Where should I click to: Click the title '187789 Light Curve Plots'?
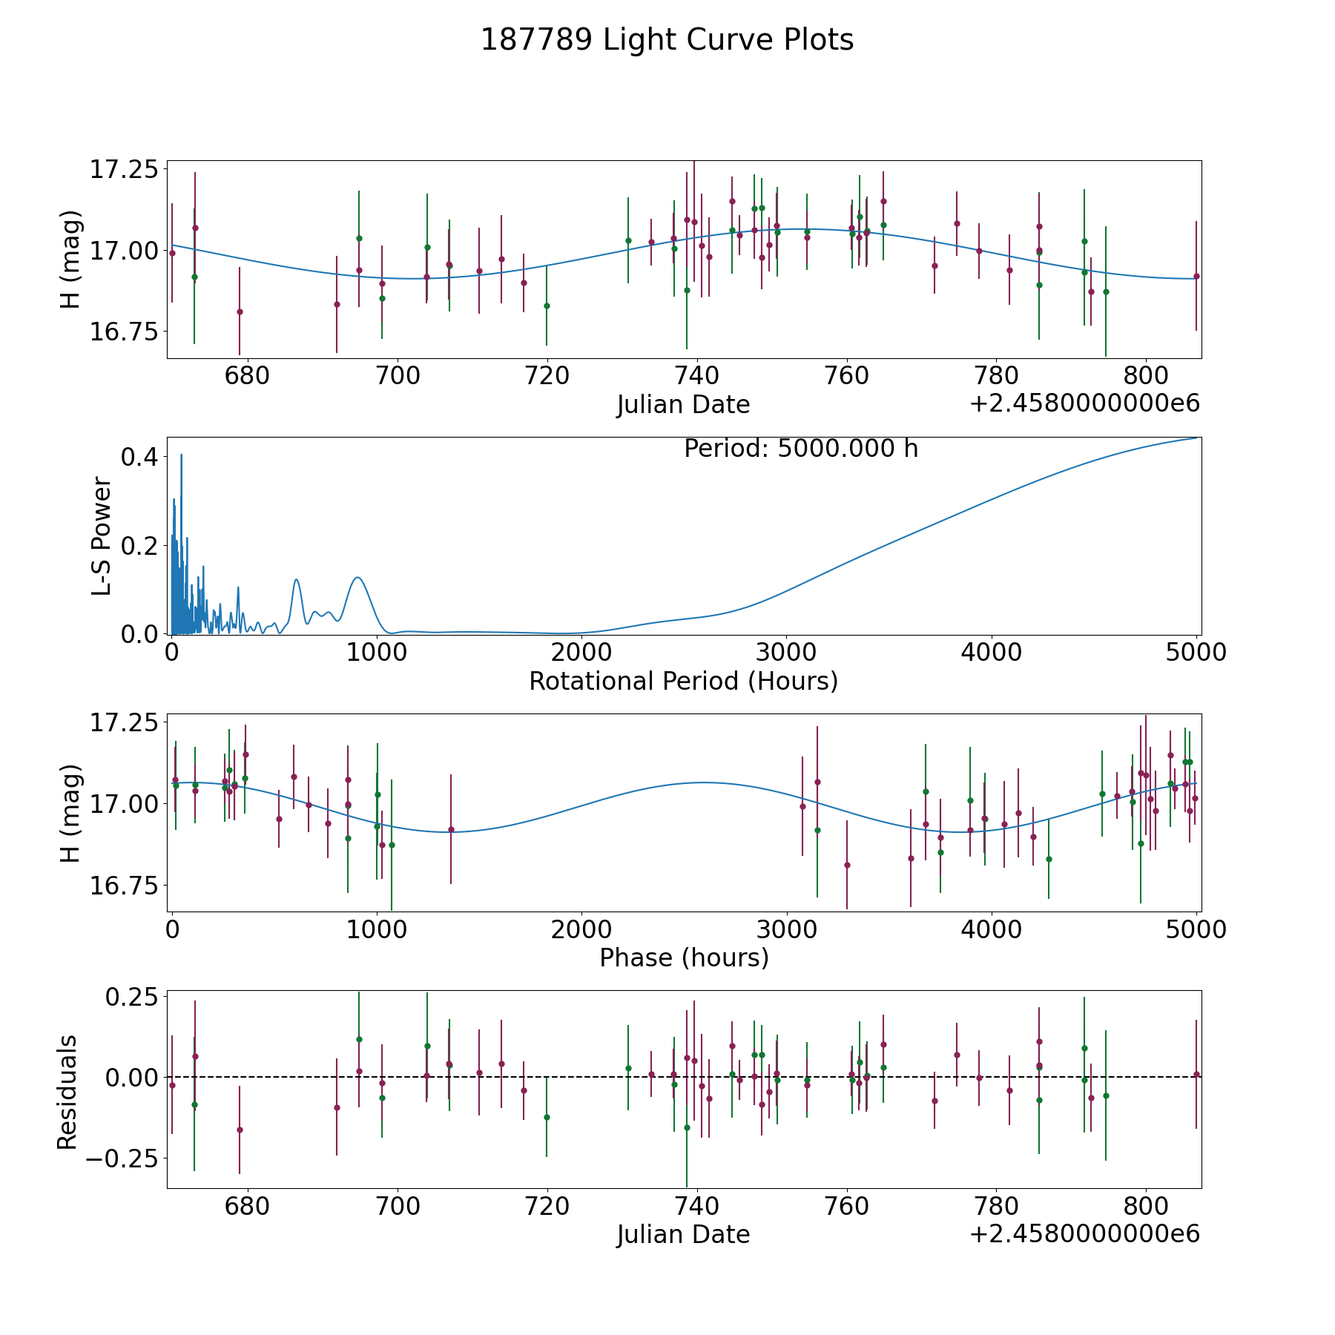tap(667, 40)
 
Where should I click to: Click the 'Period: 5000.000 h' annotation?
tap(800, 449)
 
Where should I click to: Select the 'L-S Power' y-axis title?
tap(102, 536)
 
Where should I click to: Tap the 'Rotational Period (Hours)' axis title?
tap(683, 681)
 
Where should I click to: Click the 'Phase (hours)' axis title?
tap(683, 957)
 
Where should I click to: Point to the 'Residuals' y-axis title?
tap(67, 1092)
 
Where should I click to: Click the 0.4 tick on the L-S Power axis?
tap(139, 457)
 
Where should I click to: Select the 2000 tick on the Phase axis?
tap(581, 929)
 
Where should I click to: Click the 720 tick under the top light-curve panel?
tap(547, 376)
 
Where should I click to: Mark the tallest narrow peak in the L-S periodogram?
tap(181, 455)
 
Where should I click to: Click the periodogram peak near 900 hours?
tap(357, 577)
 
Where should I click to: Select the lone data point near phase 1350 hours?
tap(451, 829)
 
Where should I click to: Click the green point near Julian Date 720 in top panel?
tap(547, 306)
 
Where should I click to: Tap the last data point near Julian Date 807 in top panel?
tap(1196, 276)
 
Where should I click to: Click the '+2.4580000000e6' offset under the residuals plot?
tap(1084, 1233)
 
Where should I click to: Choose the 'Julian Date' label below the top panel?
tap(683, 405)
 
